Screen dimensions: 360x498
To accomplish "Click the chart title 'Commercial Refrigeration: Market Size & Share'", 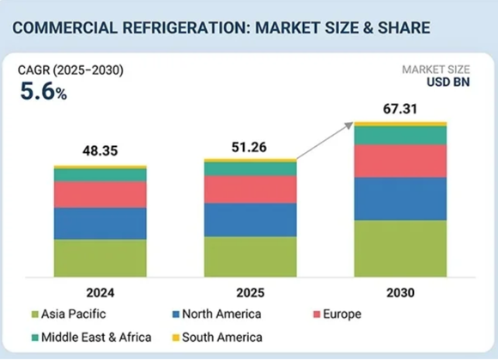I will [222, 29].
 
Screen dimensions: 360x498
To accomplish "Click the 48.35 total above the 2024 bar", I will [100, 150].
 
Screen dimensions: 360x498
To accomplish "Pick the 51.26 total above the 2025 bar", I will [250, 147].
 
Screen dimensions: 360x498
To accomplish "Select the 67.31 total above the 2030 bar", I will [400, 108].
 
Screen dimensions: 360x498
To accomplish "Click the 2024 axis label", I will [100, 293].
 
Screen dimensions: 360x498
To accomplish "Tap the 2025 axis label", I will [250, 293].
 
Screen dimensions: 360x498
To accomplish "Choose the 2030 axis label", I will [400, 293].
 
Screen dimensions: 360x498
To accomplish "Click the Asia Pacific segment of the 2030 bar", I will [400, 248].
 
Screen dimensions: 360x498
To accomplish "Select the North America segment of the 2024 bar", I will [100, 223].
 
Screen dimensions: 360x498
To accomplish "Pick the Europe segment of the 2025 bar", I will [250, 189].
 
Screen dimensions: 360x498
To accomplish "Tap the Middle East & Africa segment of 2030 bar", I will [400, 135].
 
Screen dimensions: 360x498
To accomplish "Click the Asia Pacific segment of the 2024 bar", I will [100, 258].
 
